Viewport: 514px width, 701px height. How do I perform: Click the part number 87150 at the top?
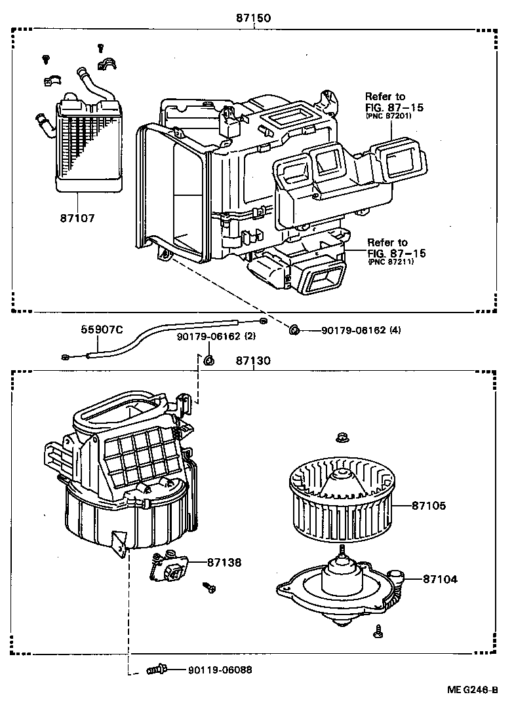point(254,19)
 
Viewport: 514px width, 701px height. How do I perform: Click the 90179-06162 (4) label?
point(361,330)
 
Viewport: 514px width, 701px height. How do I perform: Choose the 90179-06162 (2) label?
point(216,337)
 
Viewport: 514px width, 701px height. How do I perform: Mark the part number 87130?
point(254,361)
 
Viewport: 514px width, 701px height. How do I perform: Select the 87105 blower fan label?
point(429,505)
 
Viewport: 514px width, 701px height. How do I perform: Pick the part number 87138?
point(224,562)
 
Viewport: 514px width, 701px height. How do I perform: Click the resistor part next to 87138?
point(172,570)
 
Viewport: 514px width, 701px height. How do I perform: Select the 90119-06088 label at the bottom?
point(220,670)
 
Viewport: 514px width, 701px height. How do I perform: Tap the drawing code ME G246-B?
point(473,690)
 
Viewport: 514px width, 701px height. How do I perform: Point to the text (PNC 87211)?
point(390,262)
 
